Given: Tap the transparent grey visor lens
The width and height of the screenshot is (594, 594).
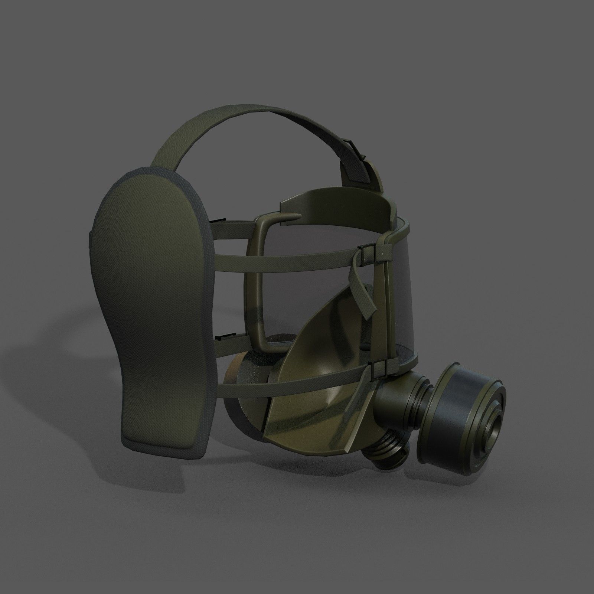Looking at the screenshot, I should coord(334,282).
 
